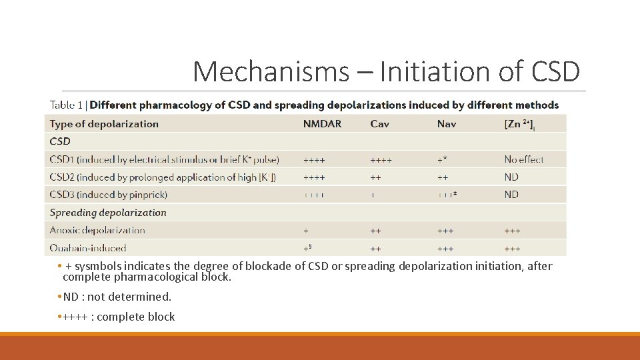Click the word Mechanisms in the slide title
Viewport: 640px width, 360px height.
point(270,71)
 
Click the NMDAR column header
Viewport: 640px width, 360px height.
point(322,124)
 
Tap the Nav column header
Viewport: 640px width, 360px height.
point(446,124)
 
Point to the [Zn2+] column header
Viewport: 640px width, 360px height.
point(519,124)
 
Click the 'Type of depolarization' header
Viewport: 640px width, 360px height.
point(104,124)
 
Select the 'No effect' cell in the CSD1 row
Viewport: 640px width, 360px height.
point(523,159)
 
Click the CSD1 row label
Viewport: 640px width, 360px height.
point(164,159)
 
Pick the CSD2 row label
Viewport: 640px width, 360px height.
point(163,177)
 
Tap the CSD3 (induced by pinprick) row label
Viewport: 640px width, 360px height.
point(108,195)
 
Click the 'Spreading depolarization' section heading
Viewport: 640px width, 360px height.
point(108,213)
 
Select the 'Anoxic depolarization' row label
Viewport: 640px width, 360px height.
point(97,230)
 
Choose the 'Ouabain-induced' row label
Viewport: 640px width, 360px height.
point(88,248)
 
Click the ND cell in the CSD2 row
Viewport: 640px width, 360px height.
point(511,177)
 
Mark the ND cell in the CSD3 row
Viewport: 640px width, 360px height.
point(511,195)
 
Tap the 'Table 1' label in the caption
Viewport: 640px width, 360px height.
point(67,105)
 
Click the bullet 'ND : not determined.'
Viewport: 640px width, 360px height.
point(117,297)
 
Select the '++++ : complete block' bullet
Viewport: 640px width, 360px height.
point(119,317)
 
